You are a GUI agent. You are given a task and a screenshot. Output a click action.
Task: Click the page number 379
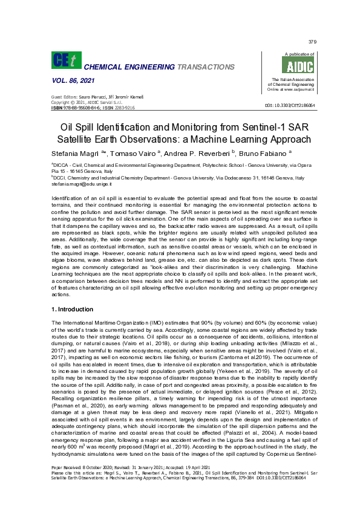pyautogui.click(x=312, y=42)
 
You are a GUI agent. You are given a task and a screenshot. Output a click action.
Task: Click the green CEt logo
pyautogui.click(x=63, y=62)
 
